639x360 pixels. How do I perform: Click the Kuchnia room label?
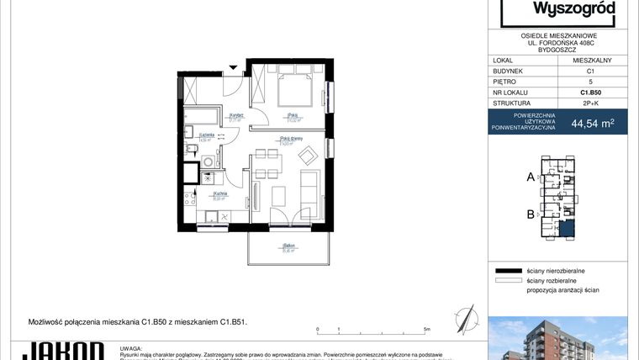click(198, 195)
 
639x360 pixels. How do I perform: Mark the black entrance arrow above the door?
click(235, 66)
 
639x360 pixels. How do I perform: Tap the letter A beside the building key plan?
click(531, 177)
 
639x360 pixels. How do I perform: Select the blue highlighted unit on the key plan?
click(569, 225)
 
